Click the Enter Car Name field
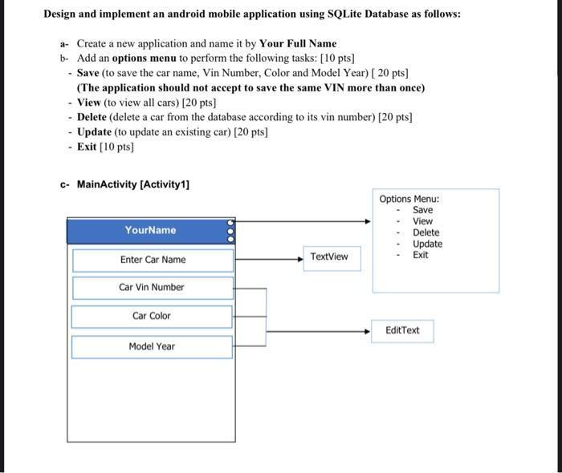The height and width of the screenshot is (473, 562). (153, 260)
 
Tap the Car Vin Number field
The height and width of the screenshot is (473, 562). (152, 288)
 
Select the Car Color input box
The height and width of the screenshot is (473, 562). (152, 316)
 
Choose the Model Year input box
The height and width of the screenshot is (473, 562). (152, 346)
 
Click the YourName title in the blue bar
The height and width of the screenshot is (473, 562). (150, 230)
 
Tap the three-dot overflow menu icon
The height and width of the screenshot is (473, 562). (231, 230)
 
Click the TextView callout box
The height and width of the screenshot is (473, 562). (329, 257)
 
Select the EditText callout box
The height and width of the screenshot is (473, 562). (402, 330)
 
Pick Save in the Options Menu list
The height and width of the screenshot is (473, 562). (422, 210)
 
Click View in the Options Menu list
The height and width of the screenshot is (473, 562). (422, 221)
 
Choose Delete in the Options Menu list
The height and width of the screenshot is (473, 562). (426, 232)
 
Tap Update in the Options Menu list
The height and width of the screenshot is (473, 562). (427, 244)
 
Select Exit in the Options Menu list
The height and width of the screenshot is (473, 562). (421, 255)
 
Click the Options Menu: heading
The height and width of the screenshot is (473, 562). (409, 199)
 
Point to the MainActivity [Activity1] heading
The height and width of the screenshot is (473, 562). (132, 185)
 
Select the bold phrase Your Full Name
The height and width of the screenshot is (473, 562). (298, 43)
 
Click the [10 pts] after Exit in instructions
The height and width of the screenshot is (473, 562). (117, 147)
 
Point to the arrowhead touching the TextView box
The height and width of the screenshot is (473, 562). (299, 259)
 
